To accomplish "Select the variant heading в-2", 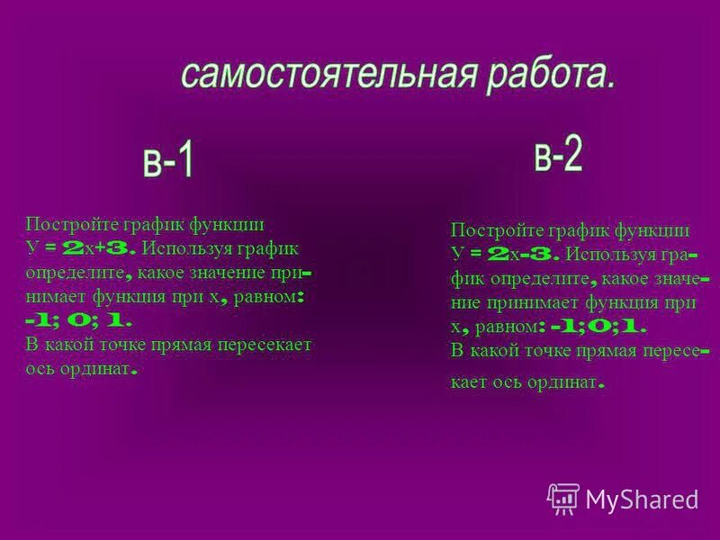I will (558, 157).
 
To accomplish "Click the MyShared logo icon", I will (563, 498).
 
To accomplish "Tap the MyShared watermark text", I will (642, 499).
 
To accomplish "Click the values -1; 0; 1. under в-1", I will (79, 319).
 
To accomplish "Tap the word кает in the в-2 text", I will (469, 382).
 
